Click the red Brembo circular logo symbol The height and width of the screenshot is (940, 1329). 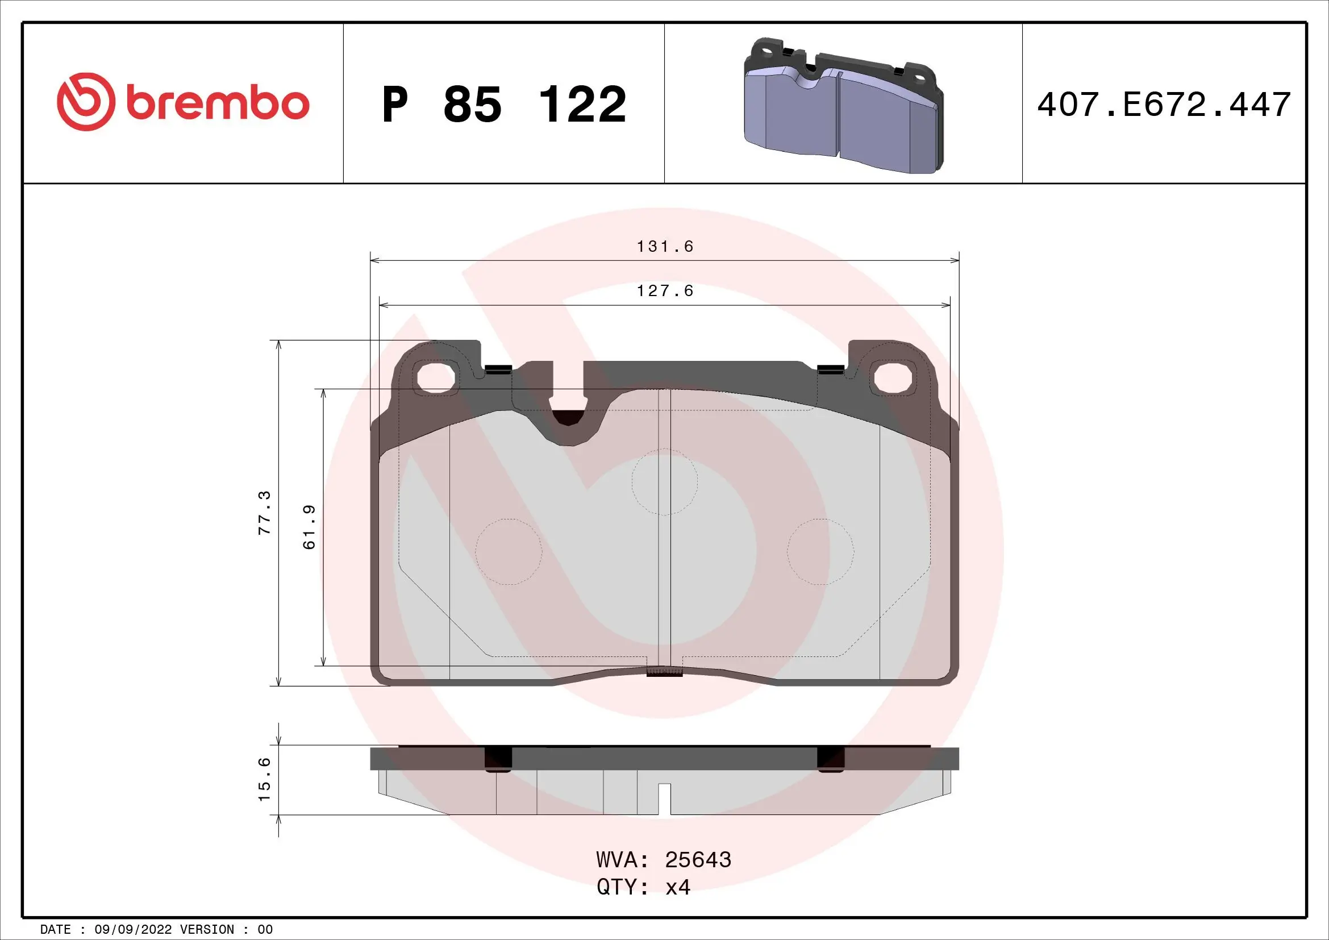(x=85, y=102)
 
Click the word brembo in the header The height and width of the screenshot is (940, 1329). (x=217, y=103)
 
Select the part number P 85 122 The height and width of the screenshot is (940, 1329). (x=503, y=105)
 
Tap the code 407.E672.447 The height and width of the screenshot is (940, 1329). (x=1164, y=105)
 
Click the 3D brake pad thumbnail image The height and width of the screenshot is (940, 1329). (x=843, y=106)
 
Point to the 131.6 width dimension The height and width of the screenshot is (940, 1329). (x=665, y=247)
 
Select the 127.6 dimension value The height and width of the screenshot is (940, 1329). (x=665, y=291)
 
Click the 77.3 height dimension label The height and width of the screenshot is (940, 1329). (x=265, y=512)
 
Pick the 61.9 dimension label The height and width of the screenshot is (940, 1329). (x=310, y=527)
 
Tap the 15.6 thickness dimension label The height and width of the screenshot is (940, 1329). (x=265, y=779)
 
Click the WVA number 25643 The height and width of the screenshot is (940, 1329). (x=698, y=860)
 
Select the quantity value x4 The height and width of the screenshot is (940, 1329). (x=678, y=887)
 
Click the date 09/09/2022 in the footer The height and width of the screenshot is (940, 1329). (x=132, y=930)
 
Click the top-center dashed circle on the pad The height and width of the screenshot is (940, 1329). (x=665, y=481)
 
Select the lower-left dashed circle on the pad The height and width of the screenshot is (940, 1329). (x=509, y=552)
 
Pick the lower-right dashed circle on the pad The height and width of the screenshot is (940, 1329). (x=820, y=552)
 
